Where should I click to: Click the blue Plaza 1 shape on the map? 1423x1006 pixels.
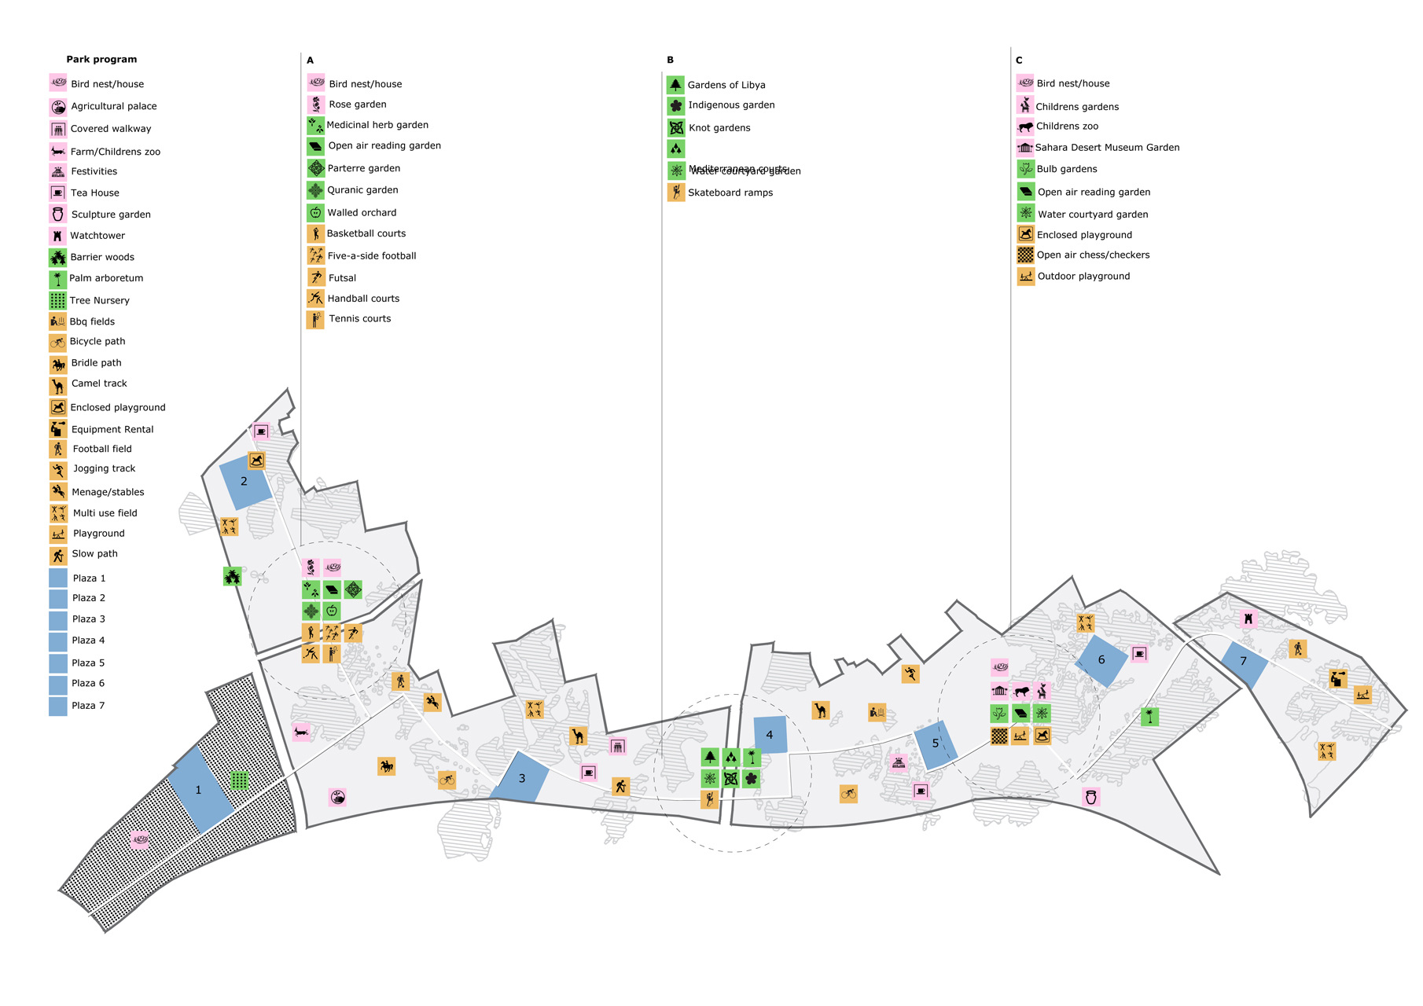pos(200,789)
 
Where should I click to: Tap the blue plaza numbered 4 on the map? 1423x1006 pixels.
pos(770,735)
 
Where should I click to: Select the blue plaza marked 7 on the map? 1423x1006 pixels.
pos(1244,662)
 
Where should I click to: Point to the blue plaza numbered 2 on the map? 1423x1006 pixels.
pos(245,482)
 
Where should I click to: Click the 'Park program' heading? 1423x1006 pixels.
pos(101,60)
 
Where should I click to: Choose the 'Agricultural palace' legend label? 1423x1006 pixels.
pos(114,106)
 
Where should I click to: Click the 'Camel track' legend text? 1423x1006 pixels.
pos(99,384)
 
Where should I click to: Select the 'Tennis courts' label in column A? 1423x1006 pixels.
pos(359,319)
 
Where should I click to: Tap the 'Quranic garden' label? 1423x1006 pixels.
pos(362,190)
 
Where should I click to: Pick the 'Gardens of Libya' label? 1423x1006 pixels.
pos(726,85)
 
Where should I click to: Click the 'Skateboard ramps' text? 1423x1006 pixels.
pos(730,193)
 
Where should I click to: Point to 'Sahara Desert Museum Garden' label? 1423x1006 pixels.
pos(1107,148)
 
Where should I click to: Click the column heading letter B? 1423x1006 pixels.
pos(670,60)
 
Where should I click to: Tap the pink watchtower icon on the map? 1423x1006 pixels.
pos(1248,619)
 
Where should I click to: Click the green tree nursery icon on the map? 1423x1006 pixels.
pos(240,780)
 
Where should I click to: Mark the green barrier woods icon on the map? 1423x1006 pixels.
pos(232,576)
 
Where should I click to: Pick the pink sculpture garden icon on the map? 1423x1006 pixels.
pos(1090,797)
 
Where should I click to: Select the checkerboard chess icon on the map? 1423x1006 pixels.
pos(999,736)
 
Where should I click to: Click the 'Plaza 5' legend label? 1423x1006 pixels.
pos(88,663)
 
